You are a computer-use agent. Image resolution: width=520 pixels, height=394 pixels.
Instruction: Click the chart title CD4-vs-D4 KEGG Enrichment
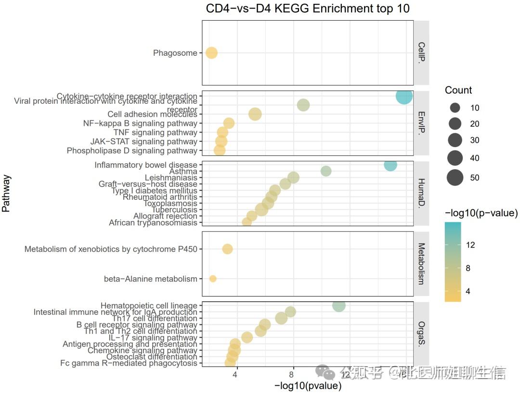click(x=308, y=9)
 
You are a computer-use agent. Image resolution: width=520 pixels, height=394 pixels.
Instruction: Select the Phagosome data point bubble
click(x=211, y=53)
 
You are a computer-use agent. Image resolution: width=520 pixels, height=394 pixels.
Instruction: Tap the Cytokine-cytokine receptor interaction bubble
click(x=404, y=96)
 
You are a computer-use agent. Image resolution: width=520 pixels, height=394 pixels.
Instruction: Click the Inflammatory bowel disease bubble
click(x=390, y=165)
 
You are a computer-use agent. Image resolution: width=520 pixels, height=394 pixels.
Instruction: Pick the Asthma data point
click(x=326, y=171)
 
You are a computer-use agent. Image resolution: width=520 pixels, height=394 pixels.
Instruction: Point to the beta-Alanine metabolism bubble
click(x=213, y=279)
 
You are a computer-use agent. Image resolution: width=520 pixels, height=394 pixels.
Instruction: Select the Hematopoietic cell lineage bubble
click(x=339, y=306)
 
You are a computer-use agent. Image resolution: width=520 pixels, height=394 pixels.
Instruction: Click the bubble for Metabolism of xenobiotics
click(x=228, y=249)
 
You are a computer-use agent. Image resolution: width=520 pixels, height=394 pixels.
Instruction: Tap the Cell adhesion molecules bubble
click(x=255, y=114)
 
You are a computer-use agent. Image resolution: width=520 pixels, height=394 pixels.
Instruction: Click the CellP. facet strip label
click(x=421, y=53)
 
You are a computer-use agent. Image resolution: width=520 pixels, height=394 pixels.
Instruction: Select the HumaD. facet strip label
click(x=421, y=193)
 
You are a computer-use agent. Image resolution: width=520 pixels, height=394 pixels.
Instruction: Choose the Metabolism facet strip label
click(x=421, y=264)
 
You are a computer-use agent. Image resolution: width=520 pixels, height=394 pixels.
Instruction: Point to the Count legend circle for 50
click(x=455, y=178)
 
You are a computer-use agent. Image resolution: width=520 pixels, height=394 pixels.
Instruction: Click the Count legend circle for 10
click(x=455, y=108)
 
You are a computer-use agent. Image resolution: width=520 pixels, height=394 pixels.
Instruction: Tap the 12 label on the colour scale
click(x=470, y=245)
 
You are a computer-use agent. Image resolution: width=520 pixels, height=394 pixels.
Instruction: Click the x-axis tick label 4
click(x=235, y=375)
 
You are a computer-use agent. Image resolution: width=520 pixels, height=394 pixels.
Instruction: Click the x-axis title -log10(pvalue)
click(x=308, y=386)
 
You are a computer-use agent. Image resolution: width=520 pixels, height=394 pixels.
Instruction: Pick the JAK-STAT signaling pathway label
click(x=143, y=142)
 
